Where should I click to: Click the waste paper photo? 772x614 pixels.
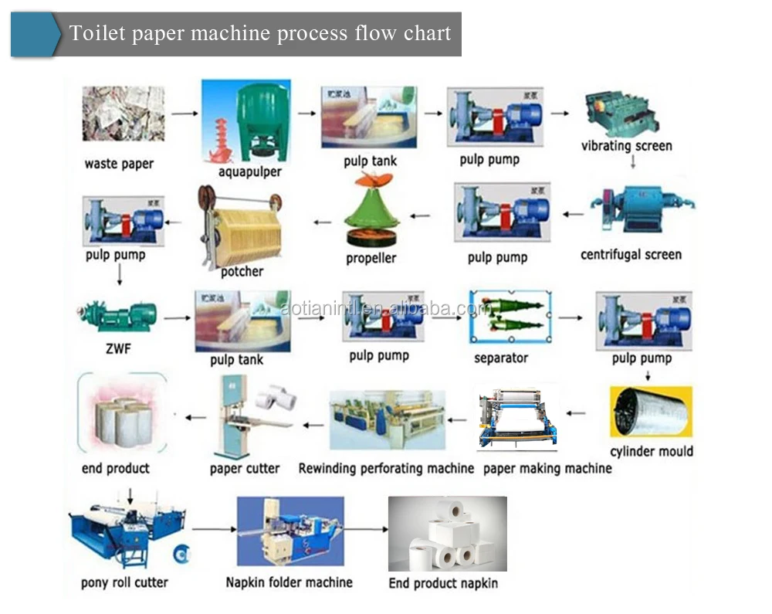click(x=124, y=114)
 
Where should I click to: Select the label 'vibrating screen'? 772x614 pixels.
click(x=626, y=146)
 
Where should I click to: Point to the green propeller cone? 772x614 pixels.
click(x=371, y=212)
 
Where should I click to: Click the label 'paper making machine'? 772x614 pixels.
click(x=547, y=468)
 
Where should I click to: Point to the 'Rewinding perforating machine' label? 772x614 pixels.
click(x=386, y=468)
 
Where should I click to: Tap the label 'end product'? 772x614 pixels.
click(x=116, y=468)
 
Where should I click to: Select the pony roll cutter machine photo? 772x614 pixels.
click(x=124, y=533)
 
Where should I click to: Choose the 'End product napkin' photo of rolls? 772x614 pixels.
click(x=447, y=532)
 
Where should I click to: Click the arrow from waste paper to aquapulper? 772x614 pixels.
click(x=183, y=114)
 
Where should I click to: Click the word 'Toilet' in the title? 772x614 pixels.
click(x=93, y=33)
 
